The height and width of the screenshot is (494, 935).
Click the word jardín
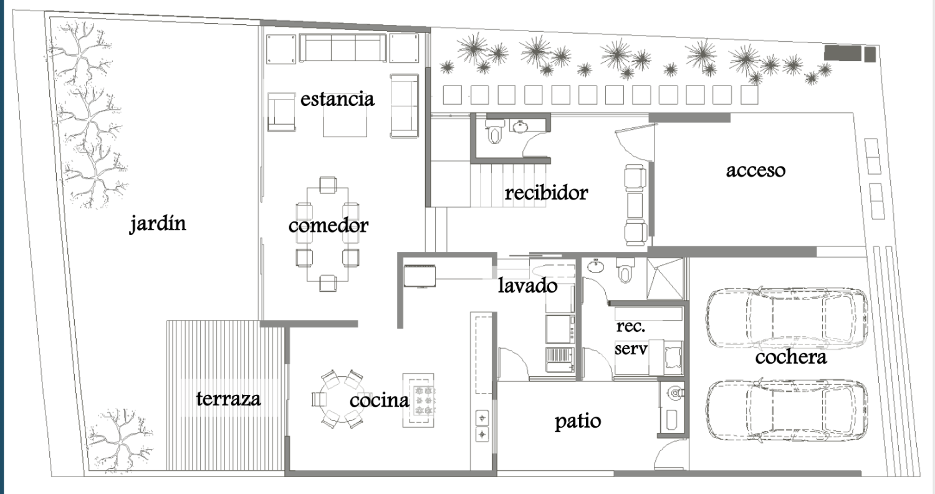pyautogui.click(x=158, y=223)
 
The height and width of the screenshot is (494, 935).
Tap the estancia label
pyautogui.click(x=337, y=99)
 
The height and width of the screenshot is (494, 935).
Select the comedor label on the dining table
pyautogui.click(x=328, y=225)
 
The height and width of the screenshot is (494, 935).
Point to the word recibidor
pyautogui.click(x=546, y=193)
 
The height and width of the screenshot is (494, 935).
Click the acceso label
pyautogui.click(x=755, y=170)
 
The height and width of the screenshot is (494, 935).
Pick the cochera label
pyautogui.click(x=790, y=357)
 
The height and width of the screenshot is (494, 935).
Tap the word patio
pyautogui.click(x=578, y=422)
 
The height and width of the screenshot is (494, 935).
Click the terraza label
pyautogui.click(x=228, y=399)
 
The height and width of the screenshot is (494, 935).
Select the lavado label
pyautogui.click(x=527, y=286)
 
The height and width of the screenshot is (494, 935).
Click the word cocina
pyautogui.click(x=379, y=400)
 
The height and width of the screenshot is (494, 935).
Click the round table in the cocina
pyautogui.click(x=337, y=399)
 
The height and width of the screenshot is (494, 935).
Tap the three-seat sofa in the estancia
pyautogui.click(x=342, y=47)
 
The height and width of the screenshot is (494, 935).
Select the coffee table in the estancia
pyautogui.click(x=345, y=122)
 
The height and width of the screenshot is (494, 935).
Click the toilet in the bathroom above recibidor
pyautogui.click(x=496, y=133)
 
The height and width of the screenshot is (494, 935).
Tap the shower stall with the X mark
pyautogui.click(x=666, y=278)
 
